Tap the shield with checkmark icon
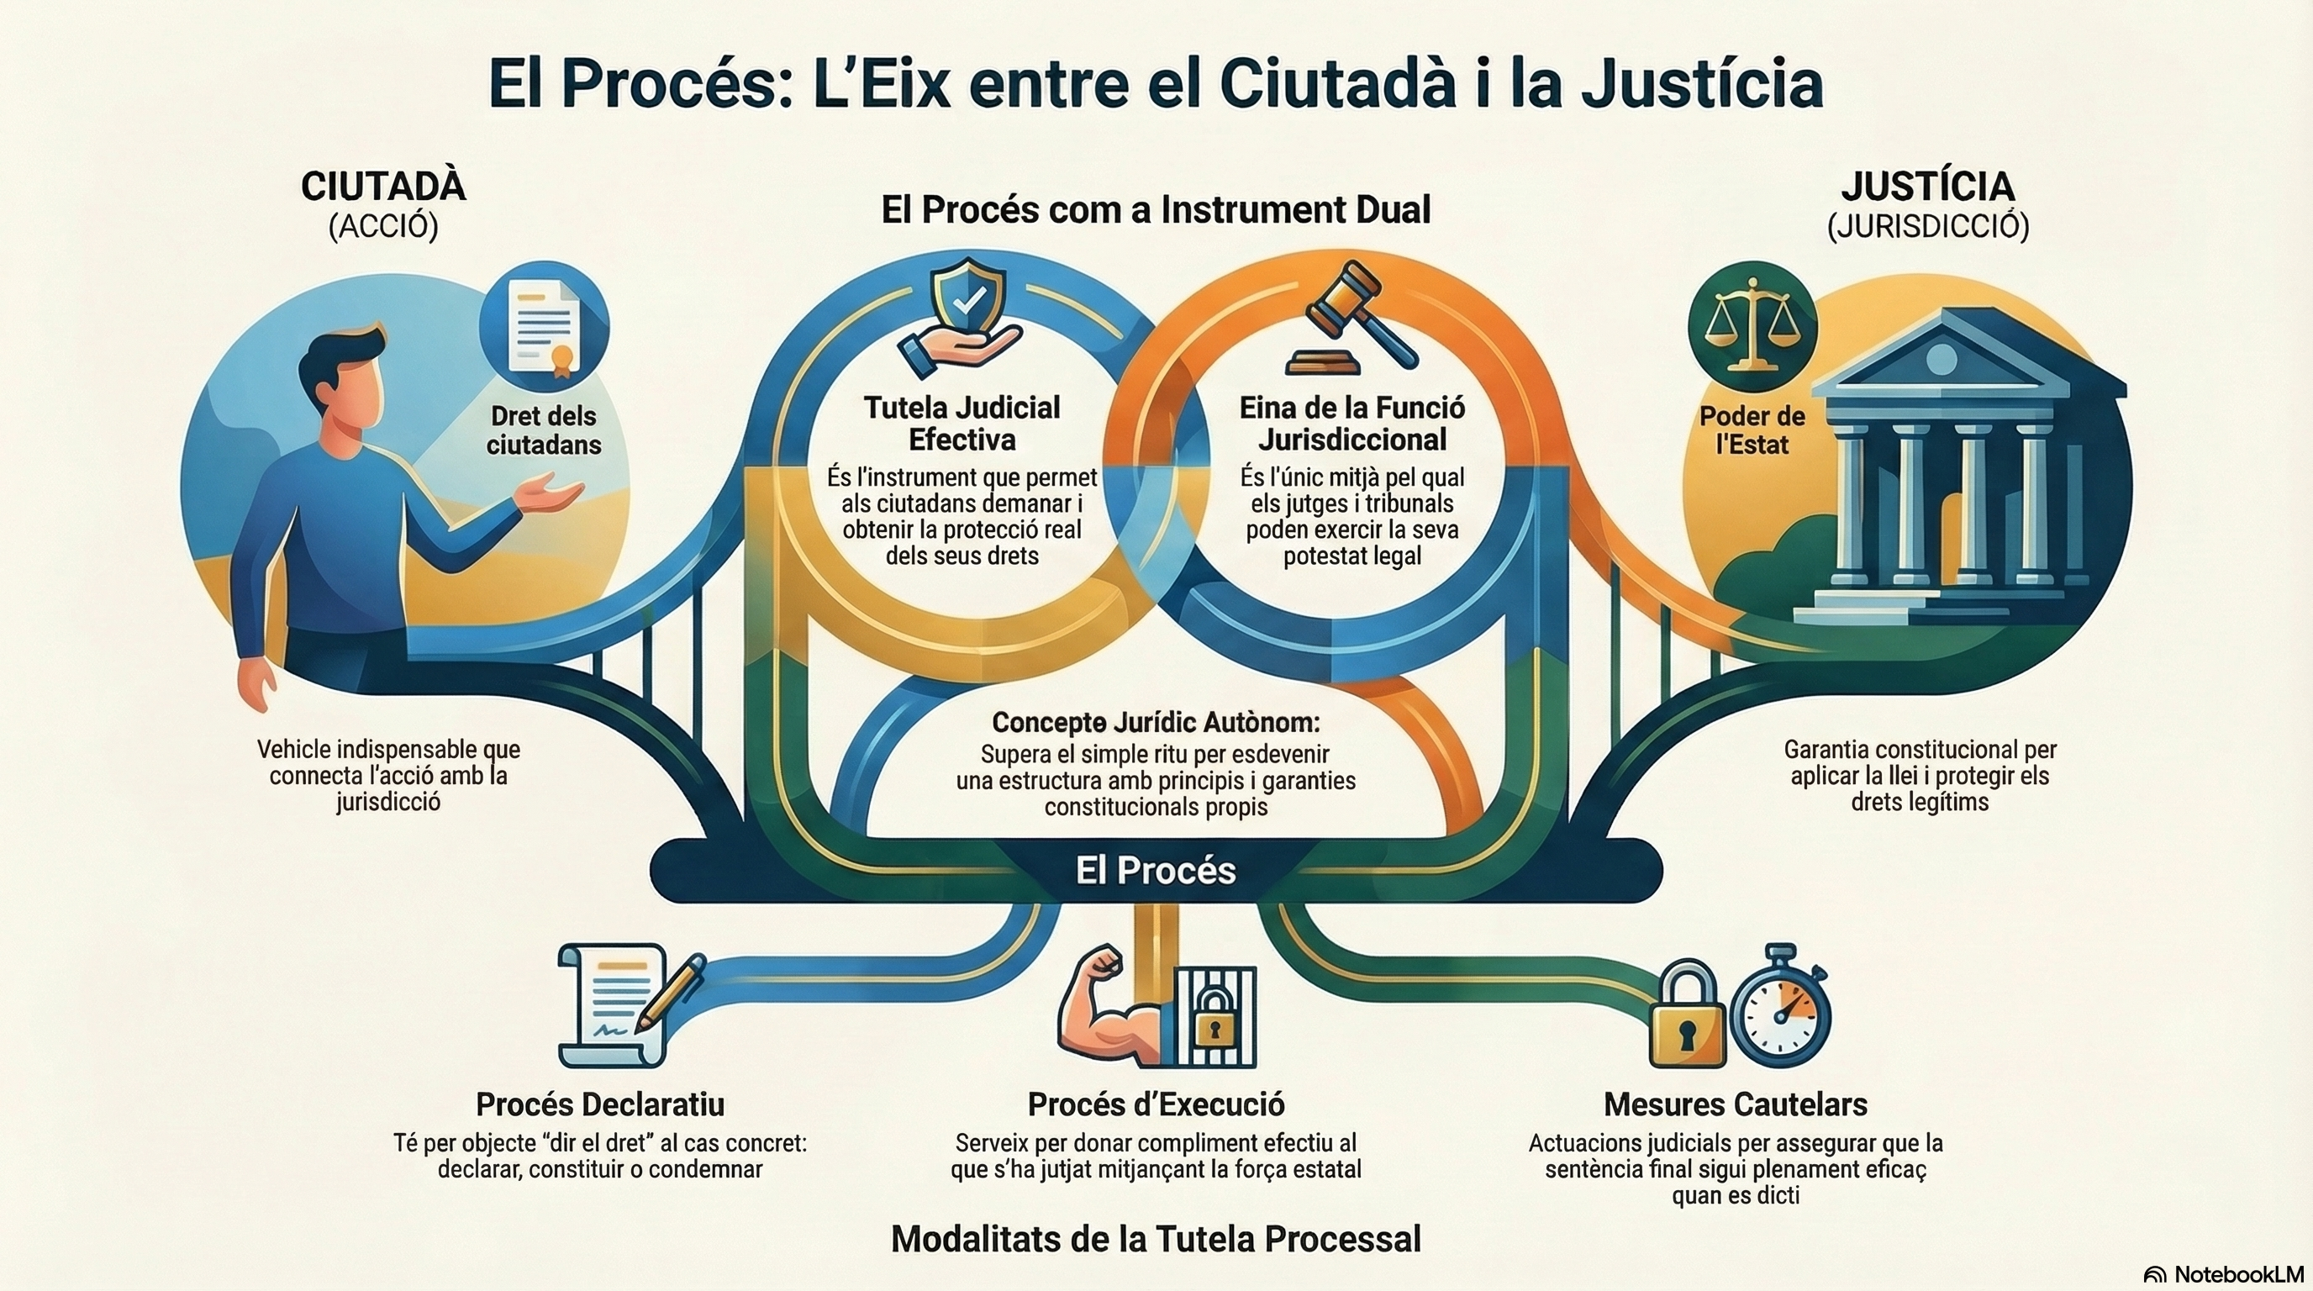[x=967, y=304]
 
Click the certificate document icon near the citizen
[x=543, y=327]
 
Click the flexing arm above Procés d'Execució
[x=1099, y=1006]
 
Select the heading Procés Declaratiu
[x=600, y=1104]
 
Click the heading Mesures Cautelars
[x=1735, y=1104]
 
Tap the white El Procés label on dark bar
[x=1156, y=870]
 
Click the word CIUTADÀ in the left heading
[x=383, y=187]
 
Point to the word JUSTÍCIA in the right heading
[x=1927, y=187]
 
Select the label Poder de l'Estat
[x=1752, y=430]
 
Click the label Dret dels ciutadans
[x=543, y=430]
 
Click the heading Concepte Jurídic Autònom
[x=1156, y=722]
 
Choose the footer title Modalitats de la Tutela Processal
[x=1156, y=1239]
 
